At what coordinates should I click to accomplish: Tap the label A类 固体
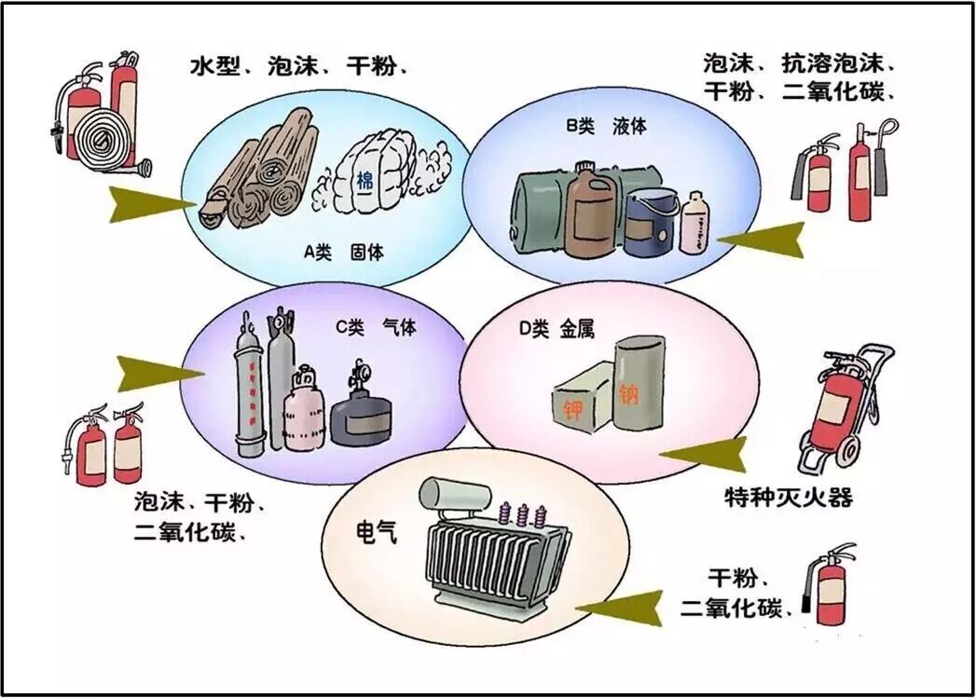(343, 252)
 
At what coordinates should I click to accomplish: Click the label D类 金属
(556, 328)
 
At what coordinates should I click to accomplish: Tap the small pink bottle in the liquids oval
(694, 224)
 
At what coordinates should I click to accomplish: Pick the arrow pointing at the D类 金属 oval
(706, 455)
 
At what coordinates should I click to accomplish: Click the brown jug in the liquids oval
(589, 212)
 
